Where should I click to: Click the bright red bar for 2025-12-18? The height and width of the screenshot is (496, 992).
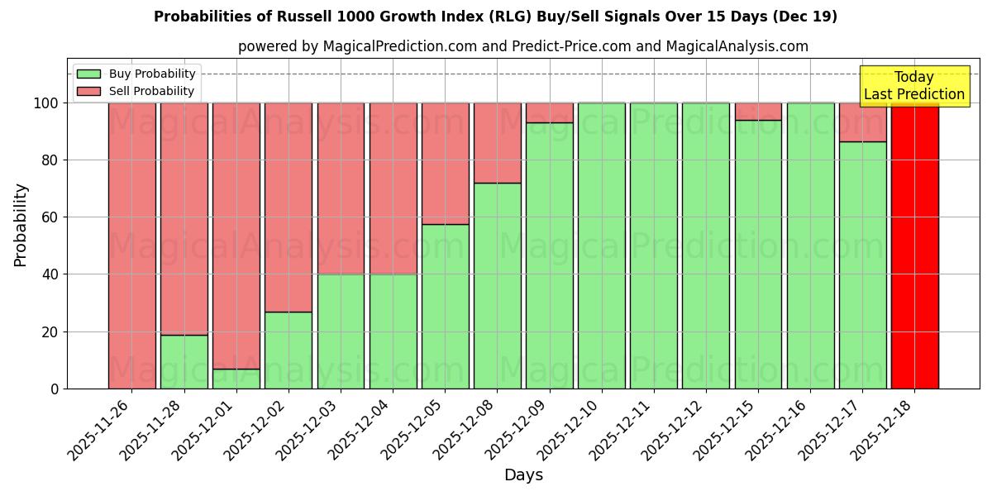(914, 246)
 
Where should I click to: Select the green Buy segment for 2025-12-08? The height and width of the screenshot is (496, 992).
(498, 285)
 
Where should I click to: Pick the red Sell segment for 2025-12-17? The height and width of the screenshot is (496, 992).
(862, 122)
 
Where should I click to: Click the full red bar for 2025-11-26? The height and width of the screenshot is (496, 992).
(132, 246)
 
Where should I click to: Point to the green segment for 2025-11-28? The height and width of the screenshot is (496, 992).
(184, 361)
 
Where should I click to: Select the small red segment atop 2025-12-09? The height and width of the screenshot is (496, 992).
(550, 112)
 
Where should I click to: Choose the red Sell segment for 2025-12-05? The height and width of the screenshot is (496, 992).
(446, 164)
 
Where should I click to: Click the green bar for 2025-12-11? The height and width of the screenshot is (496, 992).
(654, 246)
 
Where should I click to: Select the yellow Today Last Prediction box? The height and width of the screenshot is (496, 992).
(913, 86)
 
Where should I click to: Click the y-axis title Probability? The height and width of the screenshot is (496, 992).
(21, 225)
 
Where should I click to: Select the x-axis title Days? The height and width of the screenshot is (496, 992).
(523, 475)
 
